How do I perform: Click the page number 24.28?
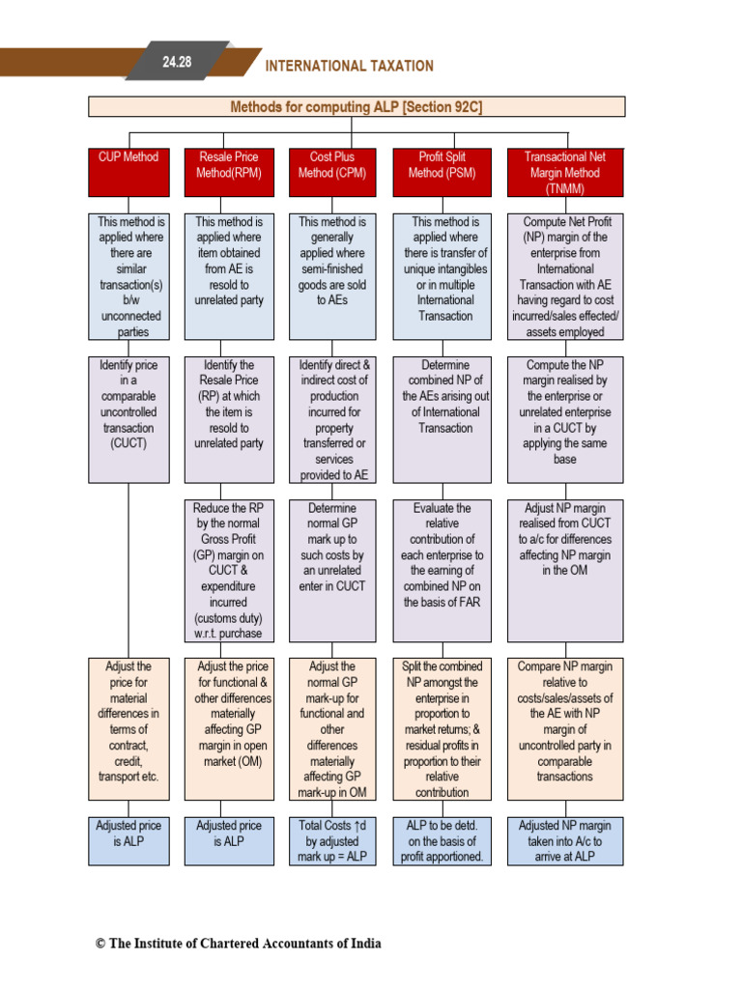click(177, 62)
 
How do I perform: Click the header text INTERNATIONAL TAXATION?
click(349, 67)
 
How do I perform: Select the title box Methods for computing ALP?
click(357, 107)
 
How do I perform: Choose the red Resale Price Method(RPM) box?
click(229, 172)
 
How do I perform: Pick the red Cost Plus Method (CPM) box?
click(332, 172)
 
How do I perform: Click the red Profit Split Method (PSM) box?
click(442, 172)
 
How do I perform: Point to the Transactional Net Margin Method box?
click(565, 172)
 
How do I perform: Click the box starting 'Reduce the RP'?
click(229, 570)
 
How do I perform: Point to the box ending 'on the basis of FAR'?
click(442, 570)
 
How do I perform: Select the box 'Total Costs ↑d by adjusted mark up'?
click(332, 840)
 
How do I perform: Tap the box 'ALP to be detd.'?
click(442, 840)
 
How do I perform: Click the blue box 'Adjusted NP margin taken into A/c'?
click(565, 840)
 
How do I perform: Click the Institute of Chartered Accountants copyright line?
click(238, 944)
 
